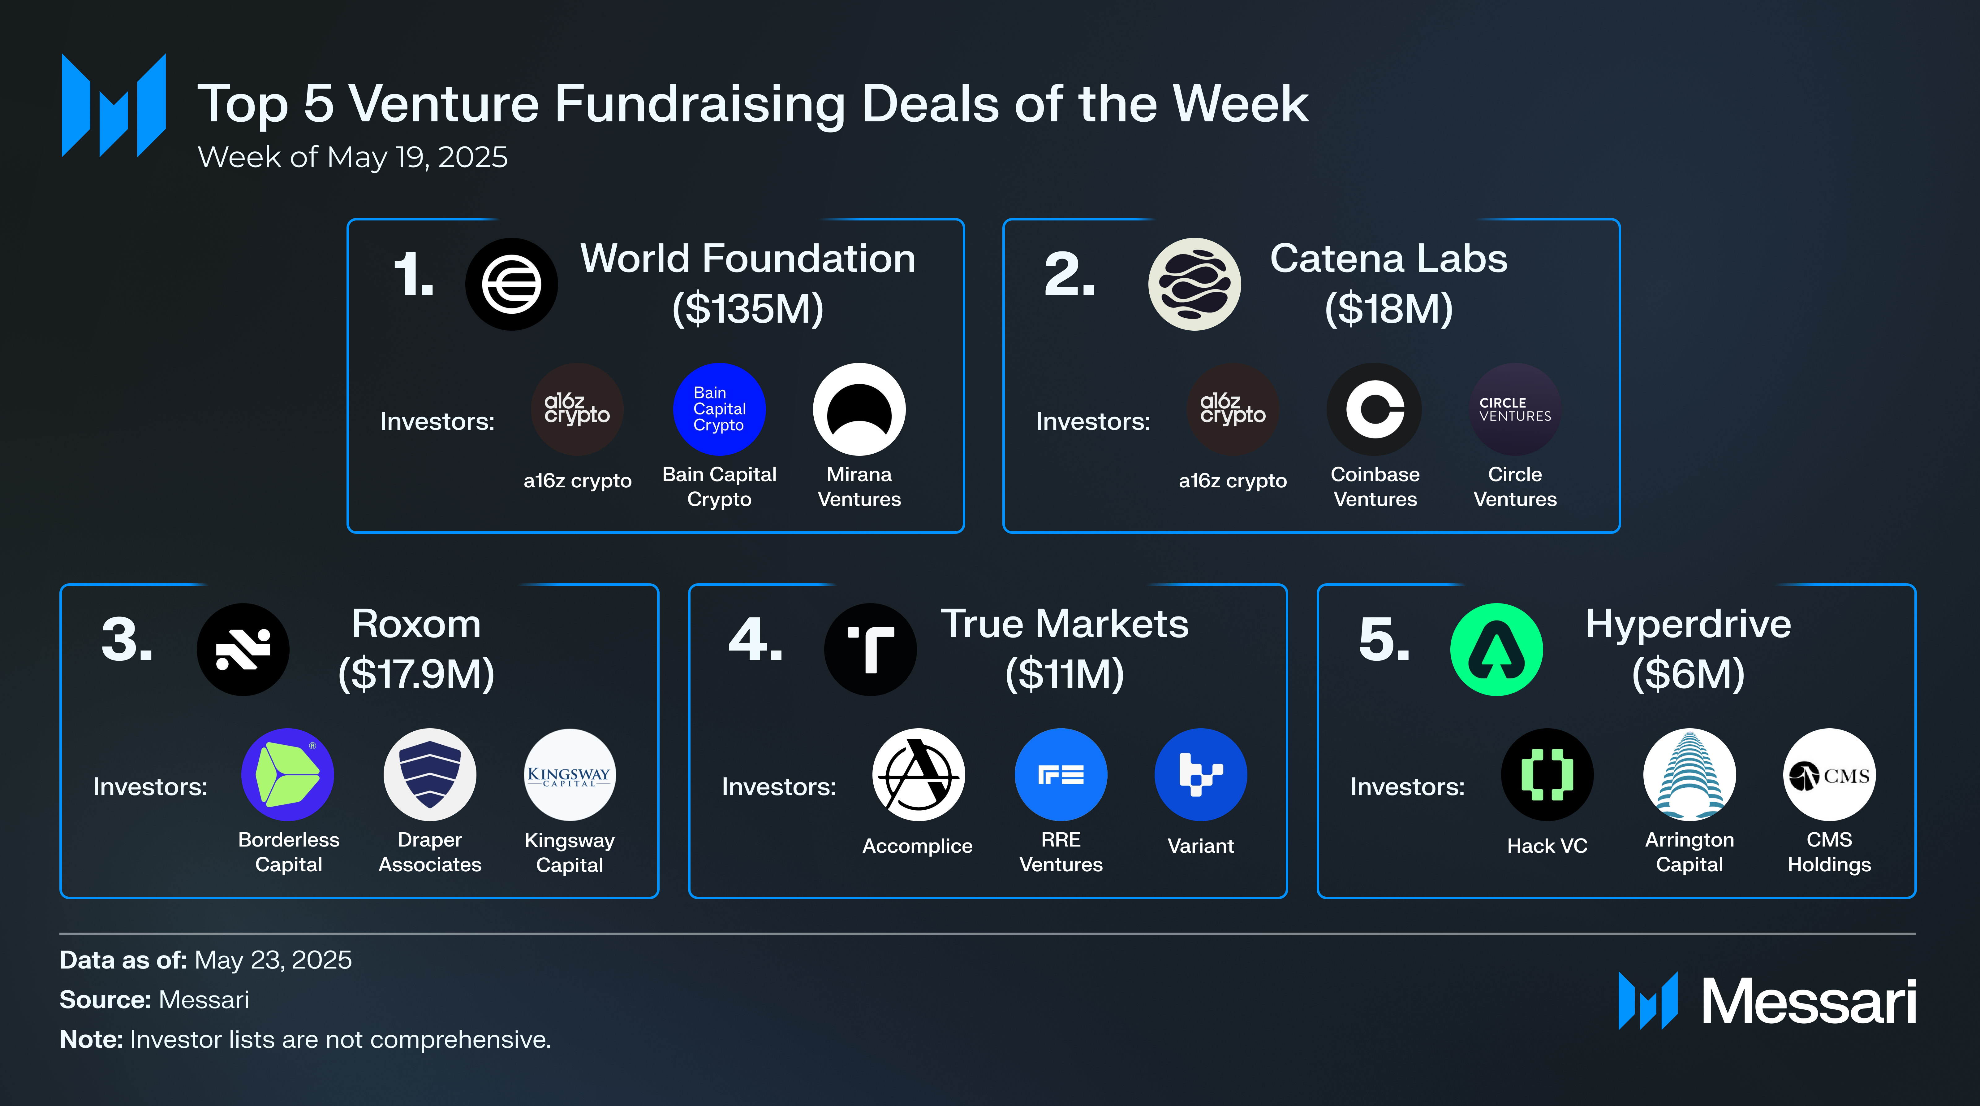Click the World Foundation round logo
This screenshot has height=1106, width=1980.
click(511, 284)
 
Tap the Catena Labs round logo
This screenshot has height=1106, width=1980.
click(1194, 284)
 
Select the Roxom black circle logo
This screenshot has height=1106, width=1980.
click(243, 649)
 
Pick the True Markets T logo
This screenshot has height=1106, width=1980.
click(870, 649)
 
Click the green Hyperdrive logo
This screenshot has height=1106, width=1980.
click(1496, 649)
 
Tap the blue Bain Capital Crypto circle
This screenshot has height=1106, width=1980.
click(719, 408)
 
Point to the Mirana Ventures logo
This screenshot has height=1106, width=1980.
click(859, 408)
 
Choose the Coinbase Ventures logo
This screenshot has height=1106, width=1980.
click(1374, 408)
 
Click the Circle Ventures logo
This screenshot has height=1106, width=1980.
click(1514, 408)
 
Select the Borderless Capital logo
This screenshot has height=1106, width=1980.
click(287, 774)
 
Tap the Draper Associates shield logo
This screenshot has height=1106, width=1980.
click(430, 774)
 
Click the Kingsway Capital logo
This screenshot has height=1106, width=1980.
click(569, 774)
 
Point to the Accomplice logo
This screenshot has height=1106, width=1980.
click(918, 774)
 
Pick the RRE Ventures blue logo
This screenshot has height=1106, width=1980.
click(1061, 774)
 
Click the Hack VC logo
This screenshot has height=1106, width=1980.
click(1547, 774)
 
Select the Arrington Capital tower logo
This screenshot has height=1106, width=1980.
click(1689, 774)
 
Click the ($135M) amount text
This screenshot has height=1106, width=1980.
click(747, 308)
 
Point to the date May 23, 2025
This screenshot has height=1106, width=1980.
click(273, 960)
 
